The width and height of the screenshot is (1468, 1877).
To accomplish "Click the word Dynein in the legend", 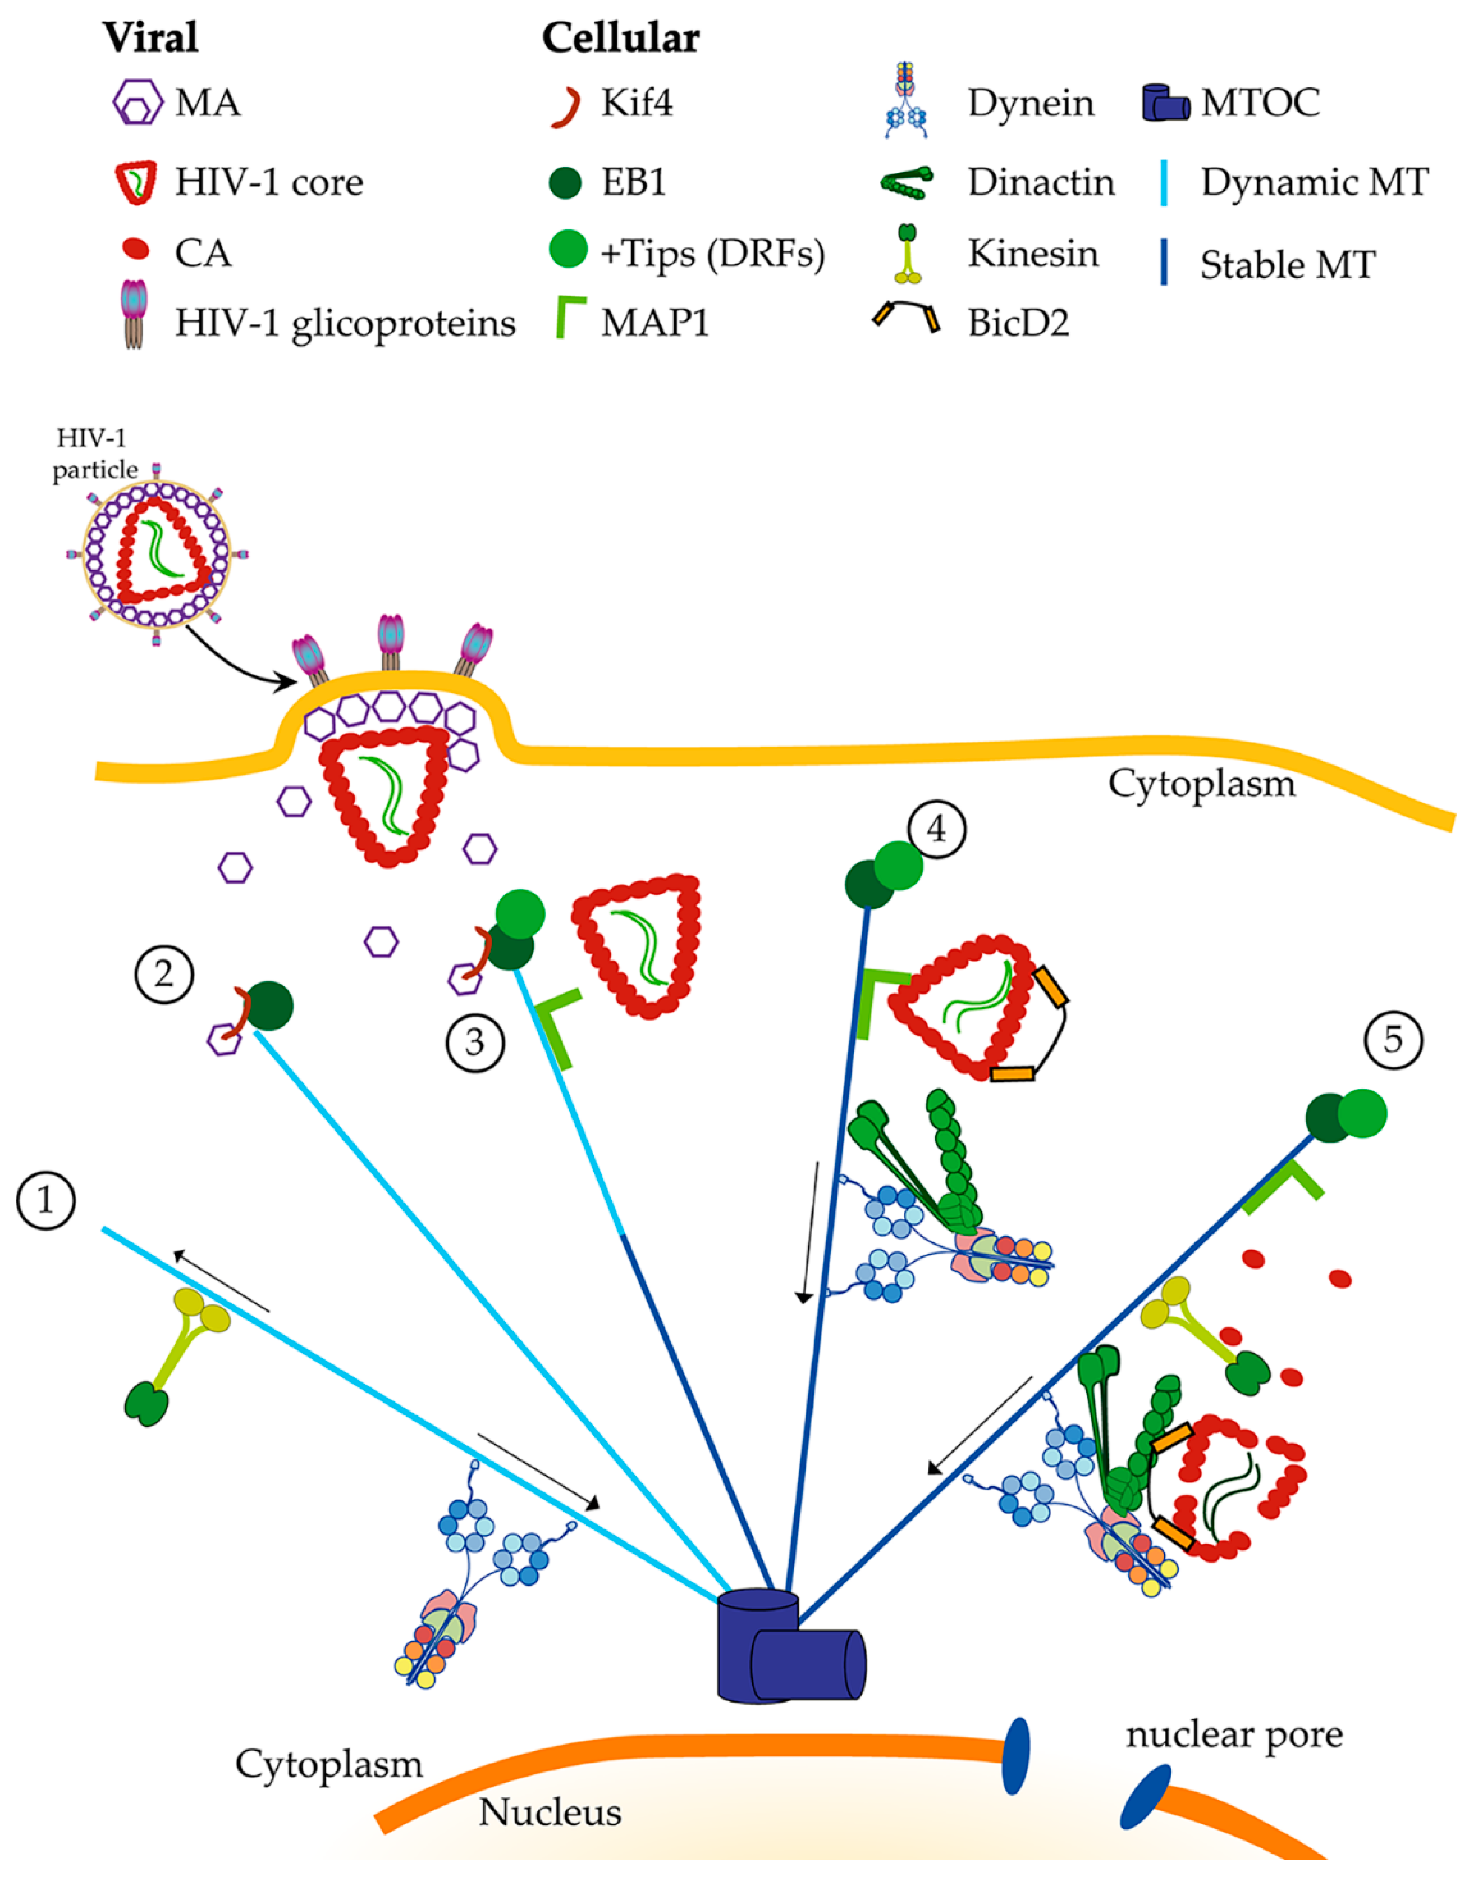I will tap(1031, 103).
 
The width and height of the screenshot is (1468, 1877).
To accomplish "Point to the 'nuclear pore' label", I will tap(1234, 1734).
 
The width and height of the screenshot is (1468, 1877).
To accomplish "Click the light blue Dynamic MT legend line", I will tap(1164, 183).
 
